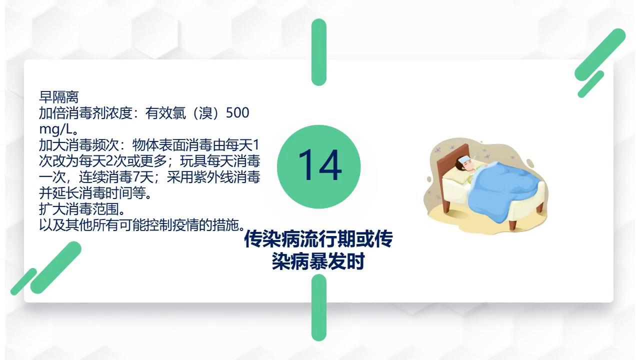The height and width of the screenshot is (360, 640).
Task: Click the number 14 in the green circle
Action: click(x=319, y=166)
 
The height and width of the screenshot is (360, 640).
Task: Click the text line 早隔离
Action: click(x=59, y=97)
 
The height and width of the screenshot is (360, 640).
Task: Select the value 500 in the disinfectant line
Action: click(x=237, y=113)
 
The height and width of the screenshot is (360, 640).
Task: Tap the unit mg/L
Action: click(x=54, y=129)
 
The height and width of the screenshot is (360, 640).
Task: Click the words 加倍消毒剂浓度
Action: click(x=85, y=113)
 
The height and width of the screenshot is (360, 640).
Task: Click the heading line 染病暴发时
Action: click(x=318, y=261)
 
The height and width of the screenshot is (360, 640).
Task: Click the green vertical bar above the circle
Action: click(x=319, y=52)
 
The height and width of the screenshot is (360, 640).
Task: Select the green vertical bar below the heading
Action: click(x=319, y=307)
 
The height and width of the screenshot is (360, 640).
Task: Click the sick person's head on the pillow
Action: click(x=465, y=164)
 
